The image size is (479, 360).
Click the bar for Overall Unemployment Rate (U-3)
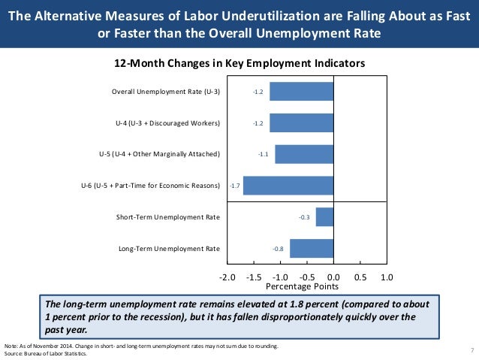(301, 92)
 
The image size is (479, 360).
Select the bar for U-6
(288, 186)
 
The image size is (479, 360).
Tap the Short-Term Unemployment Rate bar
(324, 217)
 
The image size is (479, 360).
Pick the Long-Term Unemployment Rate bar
(311, 248)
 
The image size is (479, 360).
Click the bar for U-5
(303, 154)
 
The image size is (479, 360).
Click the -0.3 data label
(305, 217)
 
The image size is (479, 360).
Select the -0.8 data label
(278, 248)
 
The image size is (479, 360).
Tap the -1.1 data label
(264, 154)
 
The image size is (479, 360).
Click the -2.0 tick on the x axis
(226, 277)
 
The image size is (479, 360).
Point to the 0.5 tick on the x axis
(360, 277)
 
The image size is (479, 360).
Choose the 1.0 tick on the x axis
(387, 277)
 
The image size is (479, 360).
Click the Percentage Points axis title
(303, 287)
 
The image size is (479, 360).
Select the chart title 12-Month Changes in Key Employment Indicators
(239, 64)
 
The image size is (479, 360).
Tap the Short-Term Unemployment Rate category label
(168, 217)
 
